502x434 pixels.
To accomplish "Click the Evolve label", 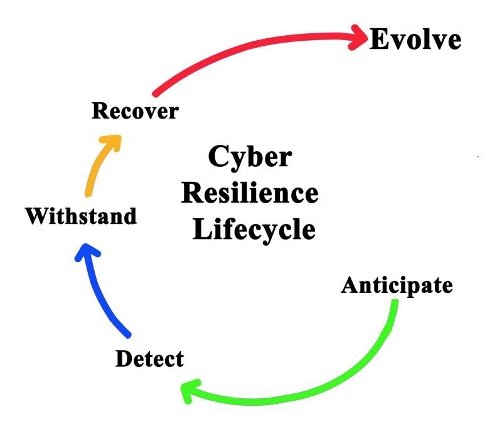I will (415, 40).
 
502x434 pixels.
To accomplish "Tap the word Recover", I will (135, 112).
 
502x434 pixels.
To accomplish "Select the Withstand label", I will (80, 216).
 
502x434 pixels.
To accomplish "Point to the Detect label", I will (149, 359).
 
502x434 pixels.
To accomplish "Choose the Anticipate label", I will (397, 285).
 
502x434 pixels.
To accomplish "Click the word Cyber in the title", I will (250, 157).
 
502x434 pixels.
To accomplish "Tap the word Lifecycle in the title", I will (254, 229).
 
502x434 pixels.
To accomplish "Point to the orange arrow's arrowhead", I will (113, 142).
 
